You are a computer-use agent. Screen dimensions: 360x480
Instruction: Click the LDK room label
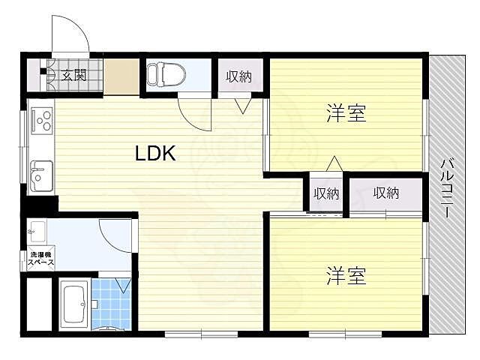[155, 154]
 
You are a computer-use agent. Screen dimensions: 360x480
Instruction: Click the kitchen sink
[40, 175]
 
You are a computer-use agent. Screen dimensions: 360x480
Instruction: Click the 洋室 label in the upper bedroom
[346, 115]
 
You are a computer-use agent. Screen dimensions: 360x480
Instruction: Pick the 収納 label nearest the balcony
[385, 193]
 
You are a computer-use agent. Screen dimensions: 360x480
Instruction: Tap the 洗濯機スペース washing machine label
[40, 259]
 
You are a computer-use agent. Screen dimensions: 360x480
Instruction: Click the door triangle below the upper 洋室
[334, 163]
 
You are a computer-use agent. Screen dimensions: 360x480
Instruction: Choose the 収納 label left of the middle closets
[325, 193]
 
